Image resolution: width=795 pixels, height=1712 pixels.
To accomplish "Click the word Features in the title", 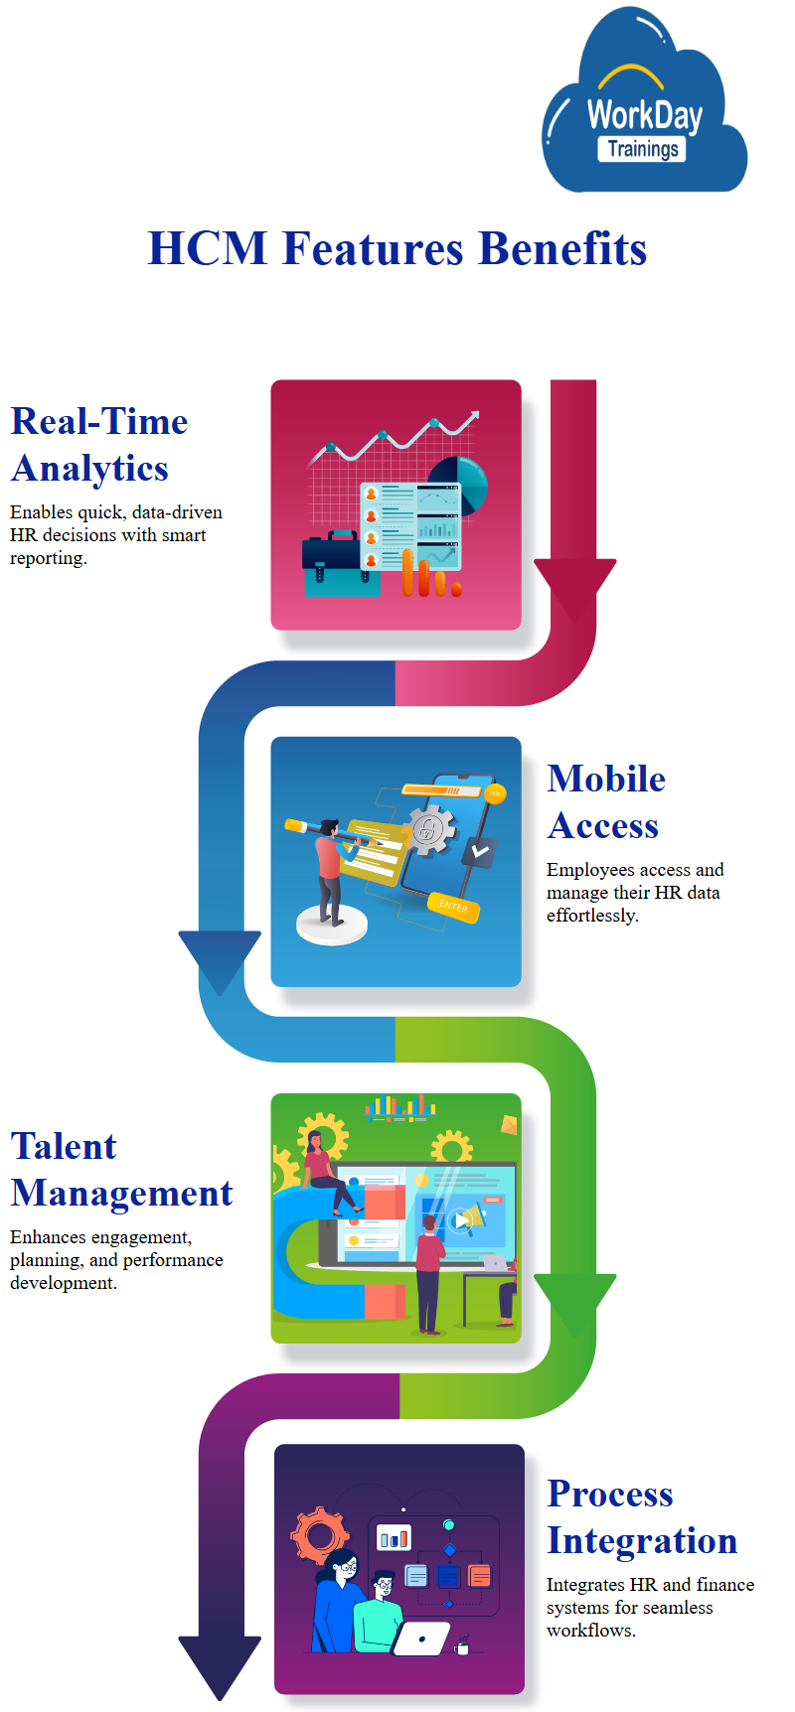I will [x=373, y=248].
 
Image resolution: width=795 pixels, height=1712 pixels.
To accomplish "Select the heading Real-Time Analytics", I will [x=99, y=445].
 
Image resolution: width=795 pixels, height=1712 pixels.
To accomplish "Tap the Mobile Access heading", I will [x=605, y=802].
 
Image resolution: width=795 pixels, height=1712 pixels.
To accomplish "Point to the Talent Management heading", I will [x=121, y=1170].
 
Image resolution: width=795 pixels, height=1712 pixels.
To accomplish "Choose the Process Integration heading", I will [x=641, y=1517].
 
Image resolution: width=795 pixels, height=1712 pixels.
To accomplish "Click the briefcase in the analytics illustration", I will [x=341, y=562].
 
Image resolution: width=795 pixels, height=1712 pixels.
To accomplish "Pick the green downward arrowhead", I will [x=574, y=1302].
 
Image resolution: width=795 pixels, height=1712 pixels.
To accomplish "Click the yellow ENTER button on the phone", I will [x=453, y=907].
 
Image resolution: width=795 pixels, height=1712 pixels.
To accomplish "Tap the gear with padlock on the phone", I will [x=430, y=830].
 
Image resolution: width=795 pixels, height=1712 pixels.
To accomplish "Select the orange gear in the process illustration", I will [x=319, y=1536].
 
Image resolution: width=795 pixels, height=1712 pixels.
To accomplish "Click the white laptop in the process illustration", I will [x=421, y=1640].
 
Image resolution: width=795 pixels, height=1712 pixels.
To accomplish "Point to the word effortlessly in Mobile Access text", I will [x=591, y=916].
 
